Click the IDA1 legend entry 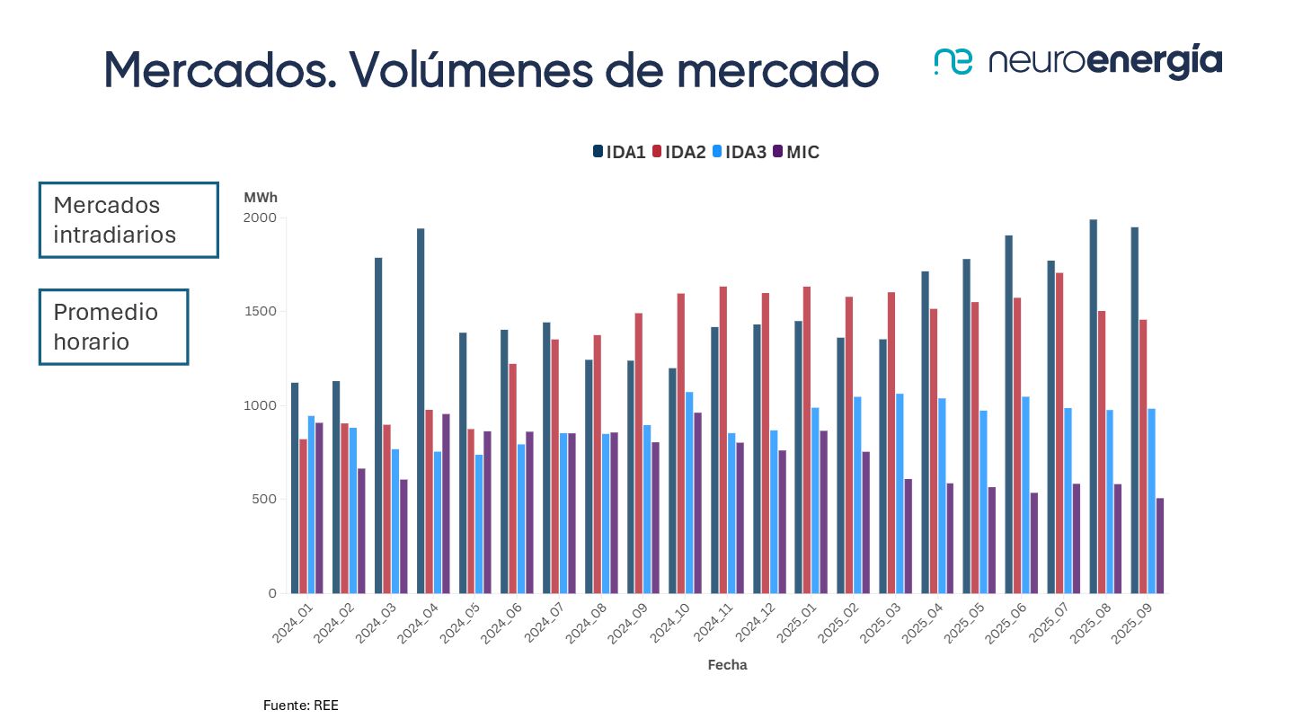tap(619, 152)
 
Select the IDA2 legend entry tap(678, 152)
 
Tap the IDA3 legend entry tap(739, 152)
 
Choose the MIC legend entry tap(796, 152)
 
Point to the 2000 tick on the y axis tap(261, 218)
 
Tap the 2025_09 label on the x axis tap(1131, 622)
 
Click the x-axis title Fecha tap(727, 665)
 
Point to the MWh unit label tap(261, 197)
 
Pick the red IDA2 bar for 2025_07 tap(1059, 432)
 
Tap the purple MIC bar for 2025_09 tap(1160, 546)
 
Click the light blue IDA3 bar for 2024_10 tap(689, 493)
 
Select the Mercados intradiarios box tap(129, 219)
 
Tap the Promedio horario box tap(113, 326)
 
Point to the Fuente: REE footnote tap(301, 706)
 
